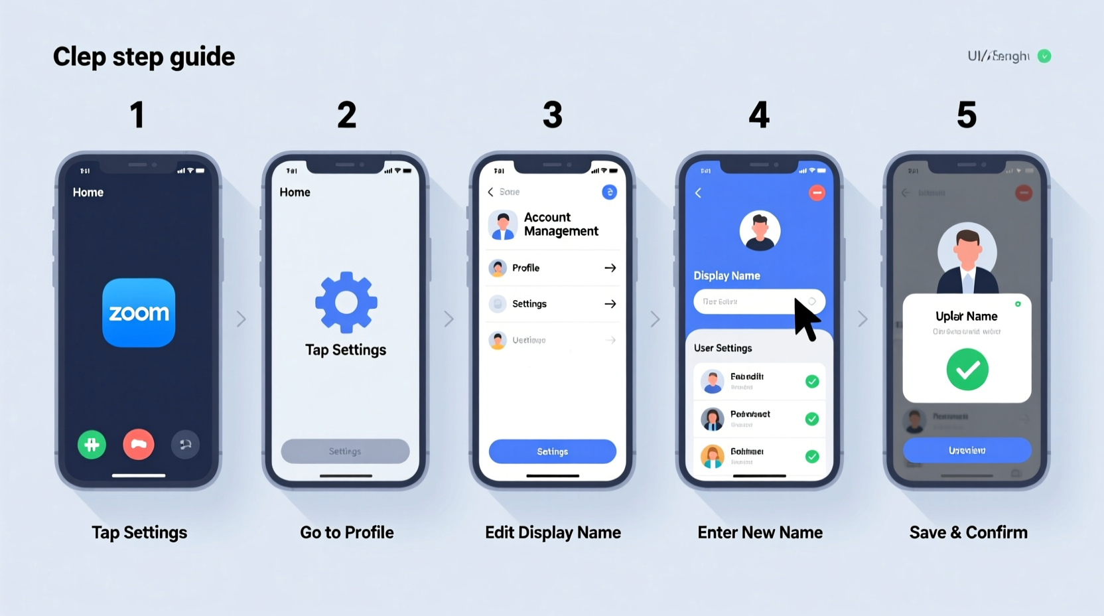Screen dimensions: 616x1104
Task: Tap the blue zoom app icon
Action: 139,313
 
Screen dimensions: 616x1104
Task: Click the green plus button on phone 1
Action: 92,445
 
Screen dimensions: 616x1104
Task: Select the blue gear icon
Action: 346,302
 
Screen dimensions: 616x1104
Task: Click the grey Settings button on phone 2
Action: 345,451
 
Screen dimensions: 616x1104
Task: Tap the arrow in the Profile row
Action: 610,268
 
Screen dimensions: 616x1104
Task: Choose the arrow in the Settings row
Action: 610,304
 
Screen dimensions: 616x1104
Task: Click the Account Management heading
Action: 561,224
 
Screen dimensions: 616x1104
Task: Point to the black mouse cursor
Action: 805,319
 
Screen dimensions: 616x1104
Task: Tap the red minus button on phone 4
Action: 817,193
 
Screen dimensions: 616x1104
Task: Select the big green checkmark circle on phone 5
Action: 967,370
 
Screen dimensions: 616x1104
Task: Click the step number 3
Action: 553,115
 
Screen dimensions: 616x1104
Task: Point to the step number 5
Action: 967,115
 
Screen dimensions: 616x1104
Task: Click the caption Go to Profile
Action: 346,532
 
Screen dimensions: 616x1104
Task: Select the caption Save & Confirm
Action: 968,532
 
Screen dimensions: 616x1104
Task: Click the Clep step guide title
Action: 144,57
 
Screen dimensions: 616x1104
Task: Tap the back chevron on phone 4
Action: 698,193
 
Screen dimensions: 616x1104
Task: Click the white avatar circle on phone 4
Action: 760,231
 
